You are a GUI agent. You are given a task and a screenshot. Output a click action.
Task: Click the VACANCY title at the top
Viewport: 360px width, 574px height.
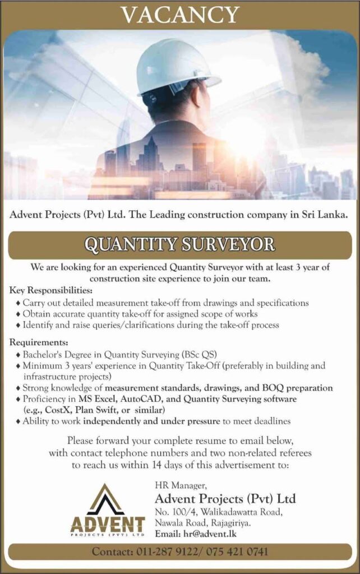coord(180,14)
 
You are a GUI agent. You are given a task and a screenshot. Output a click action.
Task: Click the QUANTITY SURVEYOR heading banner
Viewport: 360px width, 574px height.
coord(180,244)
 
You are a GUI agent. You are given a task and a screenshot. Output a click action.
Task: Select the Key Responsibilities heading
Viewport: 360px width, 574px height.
coord(52,291)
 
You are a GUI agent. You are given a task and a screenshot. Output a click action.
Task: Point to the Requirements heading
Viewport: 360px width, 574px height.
coord(39,342)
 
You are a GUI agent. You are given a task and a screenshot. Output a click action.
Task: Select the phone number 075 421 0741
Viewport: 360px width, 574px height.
coord(238,552)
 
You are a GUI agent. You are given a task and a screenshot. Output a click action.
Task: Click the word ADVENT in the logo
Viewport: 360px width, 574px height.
coord(108,525)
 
